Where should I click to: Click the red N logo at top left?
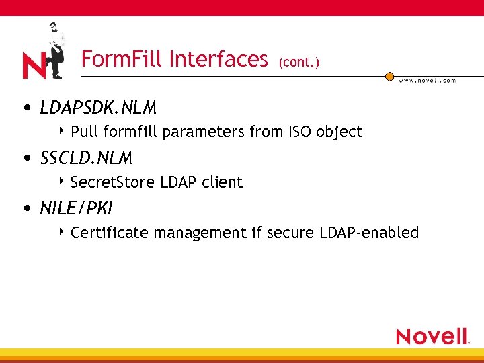pyautogui.click(x=34, y=65)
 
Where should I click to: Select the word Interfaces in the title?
pyautogui.click(x=218, y=59)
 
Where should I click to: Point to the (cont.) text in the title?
pyautogui.click(x=298, y=63)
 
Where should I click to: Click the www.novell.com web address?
pyautogui.click(x=427, y=80)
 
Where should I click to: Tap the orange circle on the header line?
pyautogui.click(x=389, y=77)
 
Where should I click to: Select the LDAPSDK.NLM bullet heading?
pyautogui.click(x=98, y=108)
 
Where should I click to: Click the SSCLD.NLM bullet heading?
pyautogui.click(x=86, y=158)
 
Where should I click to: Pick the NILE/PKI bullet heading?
pyautogui.click(x=75, y=208)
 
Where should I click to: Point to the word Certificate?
pyautogui.click(x=110, y=233)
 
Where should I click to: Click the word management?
pyautogui.click(x=200, y=233)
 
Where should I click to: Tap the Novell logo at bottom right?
pyautogui.click(x=432, y=335)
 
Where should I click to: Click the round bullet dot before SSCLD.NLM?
pyautogui.click(x=26, y=159)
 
